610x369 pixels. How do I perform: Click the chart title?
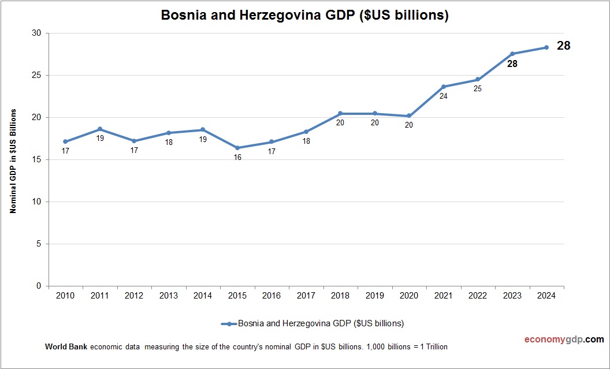coord(304,16)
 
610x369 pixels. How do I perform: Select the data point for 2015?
coord(237,148)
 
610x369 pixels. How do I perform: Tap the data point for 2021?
coord(444,87)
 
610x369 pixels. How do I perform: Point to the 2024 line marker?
coord(546,47)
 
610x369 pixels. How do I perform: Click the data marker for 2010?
coord(65,141)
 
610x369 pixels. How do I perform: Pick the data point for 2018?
coord(340,113)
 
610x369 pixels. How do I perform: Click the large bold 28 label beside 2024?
coord(563,46)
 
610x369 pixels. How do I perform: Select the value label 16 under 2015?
coord(237,158)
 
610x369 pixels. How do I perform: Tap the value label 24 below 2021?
coord(444,96)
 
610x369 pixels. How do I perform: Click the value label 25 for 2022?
coord(478,89)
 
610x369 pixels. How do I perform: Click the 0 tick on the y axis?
coord(39,286)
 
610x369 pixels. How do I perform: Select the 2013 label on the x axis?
coord(169,296)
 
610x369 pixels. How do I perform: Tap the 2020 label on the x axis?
coord(409,296)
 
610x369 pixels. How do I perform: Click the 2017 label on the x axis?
coord(306,296)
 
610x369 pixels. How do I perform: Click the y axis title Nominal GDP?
coord(13,161)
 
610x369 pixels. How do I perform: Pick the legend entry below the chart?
coord(312,323)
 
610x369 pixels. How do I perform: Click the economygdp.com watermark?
coord(556,340)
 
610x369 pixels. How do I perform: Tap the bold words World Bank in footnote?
coord(66,347)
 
